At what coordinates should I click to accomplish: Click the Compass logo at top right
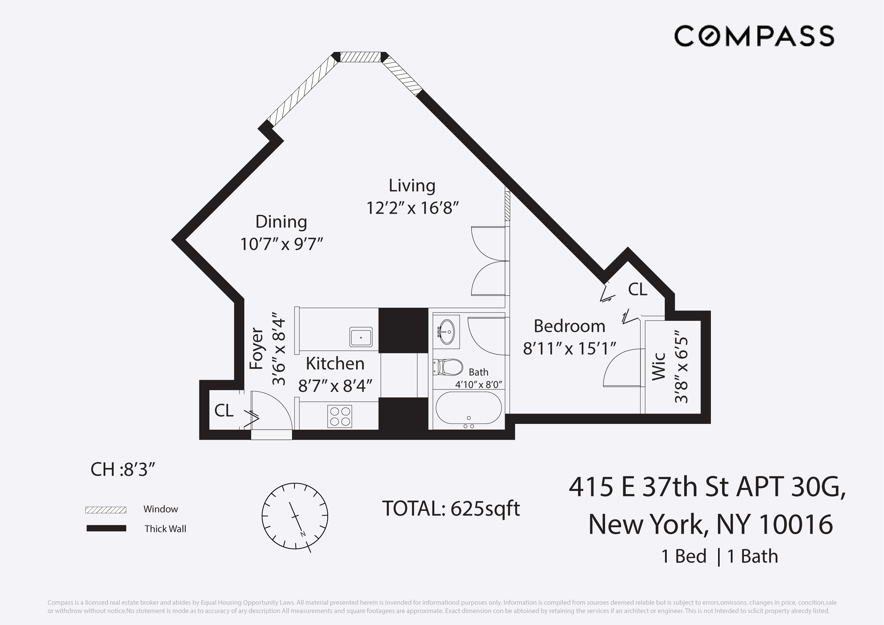(x=754, y=36)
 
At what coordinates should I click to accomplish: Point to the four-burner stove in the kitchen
(x=340, y=417)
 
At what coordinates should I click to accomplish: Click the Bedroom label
(x=570, y=326)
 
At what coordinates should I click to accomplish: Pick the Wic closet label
(x=659, y=366)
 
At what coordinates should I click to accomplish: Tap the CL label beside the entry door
(x=224, y=411)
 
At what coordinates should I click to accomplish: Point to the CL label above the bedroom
(x=638, y=289)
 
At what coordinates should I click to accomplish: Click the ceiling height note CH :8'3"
(x=123, y=470)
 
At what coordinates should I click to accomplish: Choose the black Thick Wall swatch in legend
(x=106, y=528)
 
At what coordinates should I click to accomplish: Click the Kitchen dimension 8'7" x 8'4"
(x=335, y=386)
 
